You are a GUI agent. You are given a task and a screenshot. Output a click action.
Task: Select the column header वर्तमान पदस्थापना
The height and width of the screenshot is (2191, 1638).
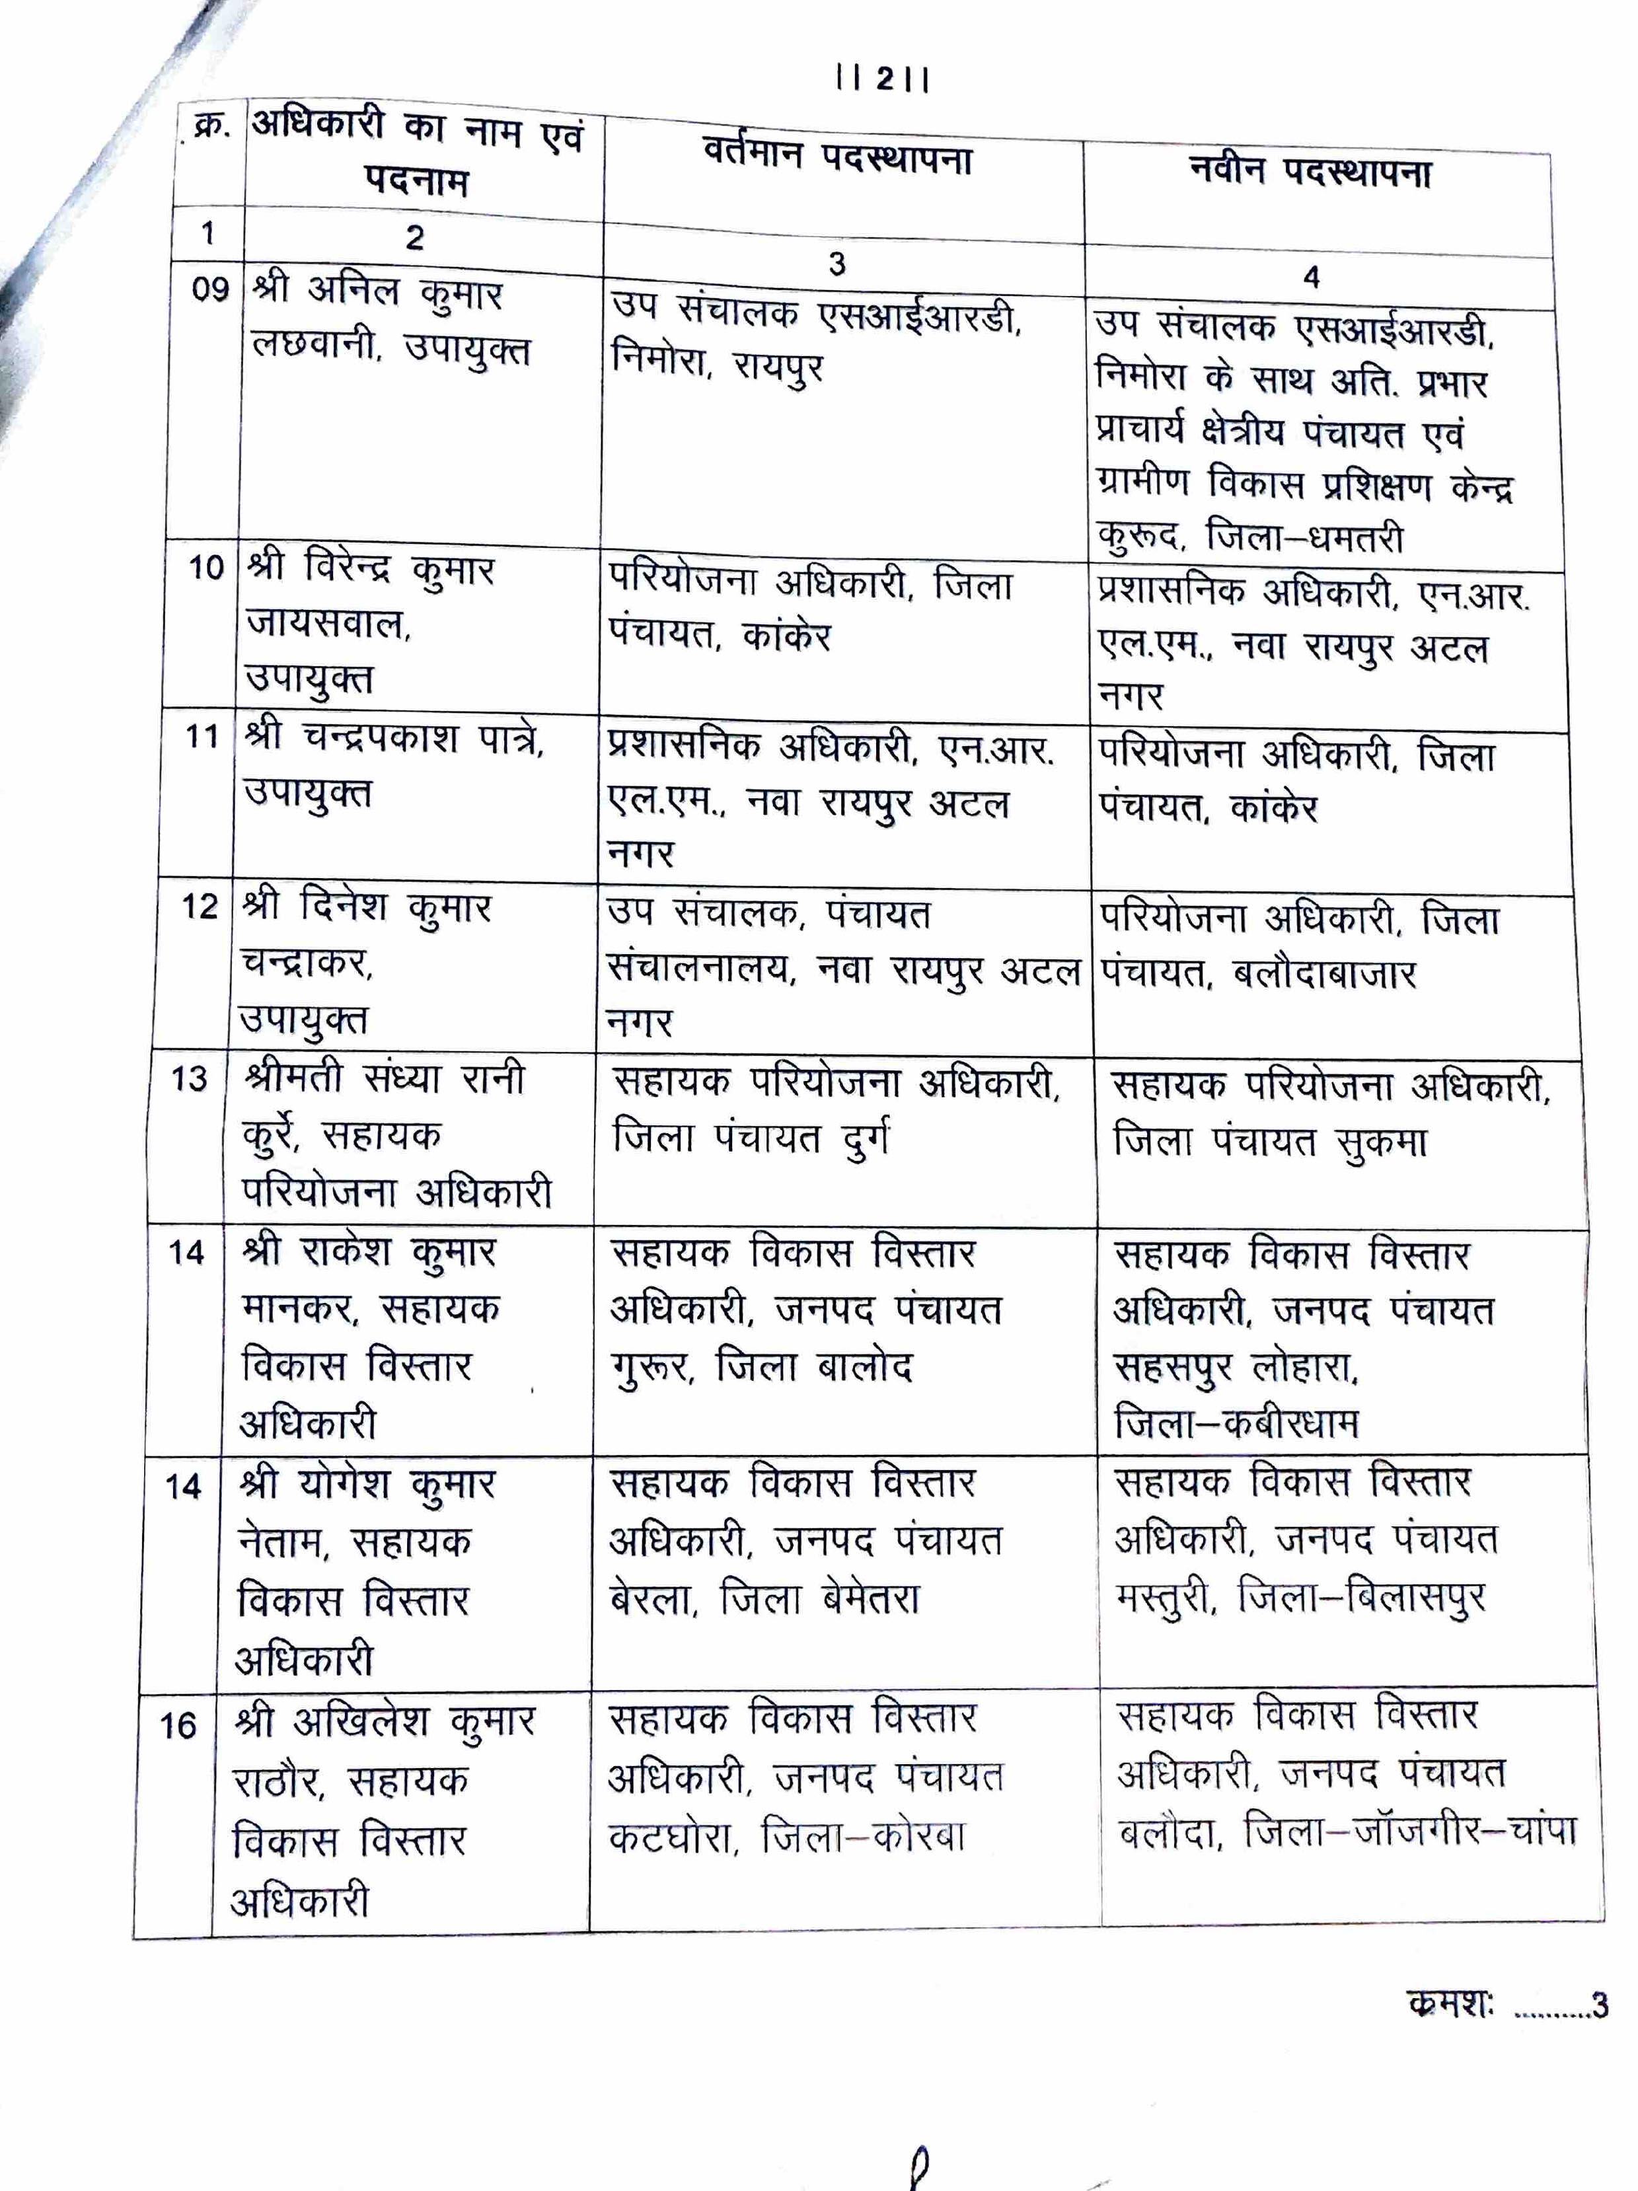838,157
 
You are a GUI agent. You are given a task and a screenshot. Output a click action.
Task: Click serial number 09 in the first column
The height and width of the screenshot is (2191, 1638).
211,289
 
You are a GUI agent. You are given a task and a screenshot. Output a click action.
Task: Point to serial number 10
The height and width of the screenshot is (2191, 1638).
207,568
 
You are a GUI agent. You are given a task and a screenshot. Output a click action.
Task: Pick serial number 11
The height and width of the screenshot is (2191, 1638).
202,737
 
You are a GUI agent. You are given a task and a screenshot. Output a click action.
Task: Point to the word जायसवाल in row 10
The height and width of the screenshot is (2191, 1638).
328,624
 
